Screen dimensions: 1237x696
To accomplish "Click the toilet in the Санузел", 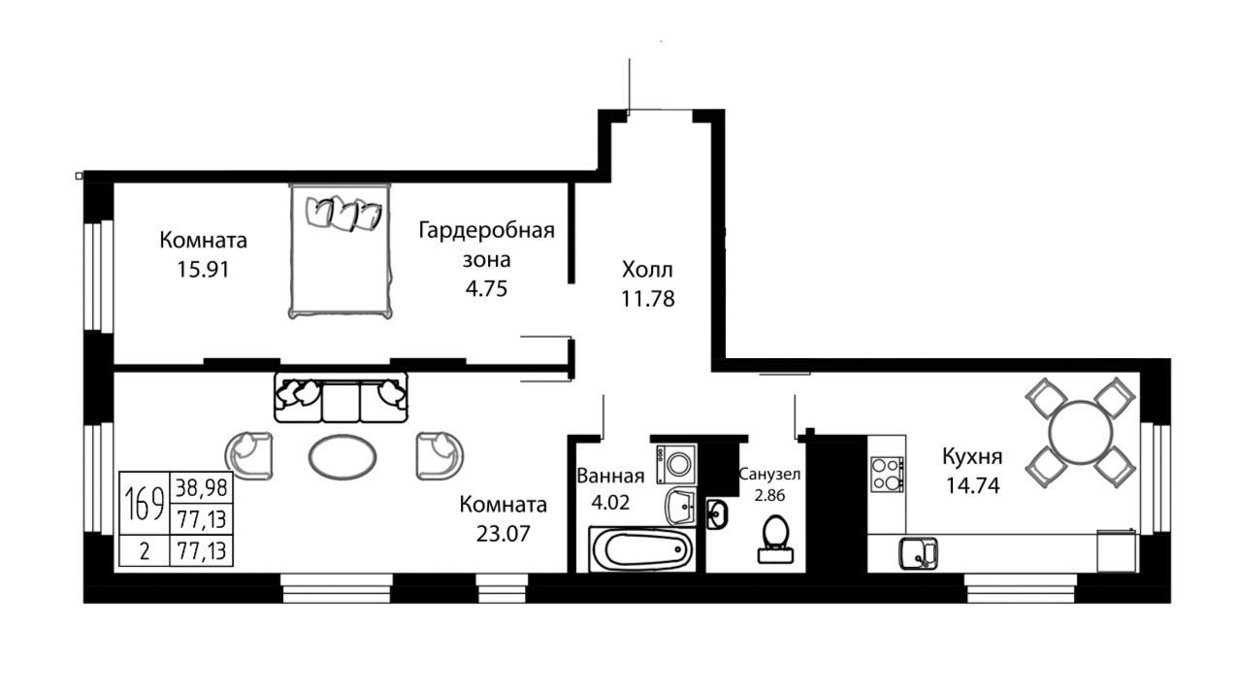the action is pos(775,539).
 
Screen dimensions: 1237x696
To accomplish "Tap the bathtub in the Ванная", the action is pos(641,549).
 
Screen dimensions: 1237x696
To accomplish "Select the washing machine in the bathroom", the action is pos(676,464).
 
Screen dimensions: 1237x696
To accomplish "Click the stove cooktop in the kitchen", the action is pos(887,475).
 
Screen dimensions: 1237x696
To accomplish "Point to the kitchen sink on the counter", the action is pos(919,553).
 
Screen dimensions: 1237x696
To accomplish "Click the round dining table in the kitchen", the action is pos(1080,432).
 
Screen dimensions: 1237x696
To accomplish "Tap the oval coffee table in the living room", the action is pos(342,457).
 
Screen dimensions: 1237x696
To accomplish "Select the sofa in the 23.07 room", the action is pos(341,397).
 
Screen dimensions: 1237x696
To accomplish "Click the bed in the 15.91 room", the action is pos(341,250).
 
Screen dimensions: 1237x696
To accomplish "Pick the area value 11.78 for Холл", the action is pos(648,299).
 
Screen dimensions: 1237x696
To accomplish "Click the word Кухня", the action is pos(972,457).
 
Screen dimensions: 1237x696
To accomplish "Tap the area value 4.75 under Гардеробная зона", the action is pos(486,288).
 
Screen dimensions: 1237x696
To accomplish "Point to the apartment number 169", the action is pos(145,503).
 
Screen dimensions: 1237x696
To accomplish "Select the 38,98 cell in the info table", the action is pos(202,487).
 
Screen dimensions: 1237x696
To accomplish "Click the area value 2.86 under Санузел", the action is pos(769,495).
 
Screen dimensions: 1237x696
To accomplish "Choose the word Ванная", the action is pos(610,477).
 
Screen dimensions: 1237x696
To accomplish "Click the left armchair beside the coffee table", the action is pos(249,455).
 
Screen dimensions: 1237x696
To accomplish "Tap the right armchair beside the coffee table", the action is pos(439,455).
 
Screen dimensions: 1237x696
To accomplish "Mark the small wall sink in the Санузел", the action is pos(717,514).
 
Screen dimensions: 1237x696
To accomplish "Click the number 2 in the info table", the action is pos(145,551).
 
